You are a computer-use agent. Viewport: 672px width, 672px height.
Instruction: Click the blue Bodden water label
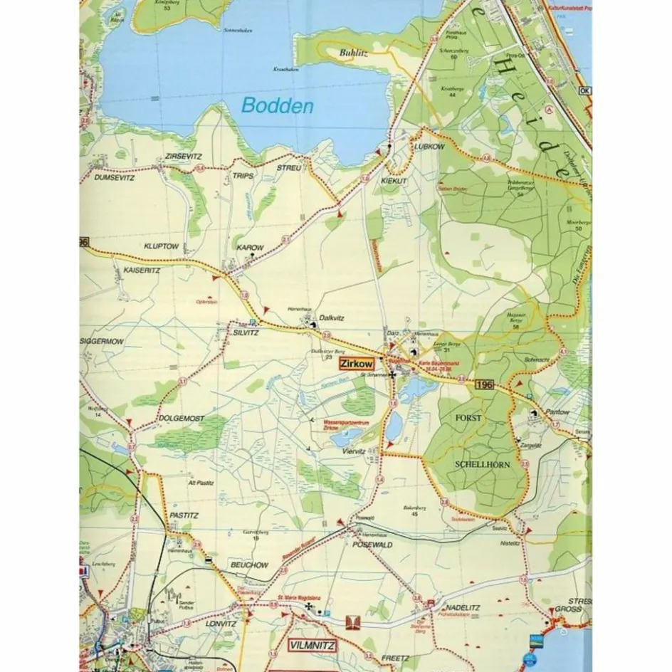click(x=278, y=106)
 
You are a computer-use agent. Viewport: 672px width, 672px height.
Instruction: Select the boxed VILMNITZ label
click(x=311, y=646)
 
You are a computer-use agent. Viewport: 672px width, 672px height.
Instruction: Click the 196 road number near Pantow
click(x=484, y=384)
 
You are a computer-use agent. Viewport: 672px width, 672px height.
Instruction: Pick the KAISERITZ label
click(x=142, y=271)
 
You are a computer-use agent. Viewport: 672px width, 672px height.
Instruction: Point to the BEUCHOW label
click(x=248, y=565)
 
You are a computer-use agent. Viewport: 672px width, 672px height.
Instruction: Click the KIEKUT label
click(x=394, y=182)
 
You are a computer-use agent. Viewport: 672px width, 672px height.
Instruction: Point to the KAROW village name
click(x=250, y=247)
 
